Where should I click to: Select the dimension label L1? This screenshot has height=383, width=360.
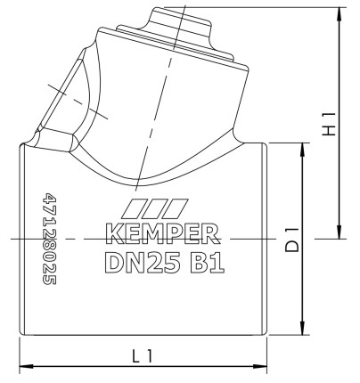point(143,355)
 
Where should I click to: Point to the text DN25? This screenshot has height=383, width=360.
point(138,264)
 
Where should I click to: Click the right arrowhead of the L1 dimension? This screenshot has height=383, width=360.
point(263,365)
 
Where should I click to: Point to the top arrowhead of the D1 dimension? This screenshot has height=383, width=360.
point(306,147)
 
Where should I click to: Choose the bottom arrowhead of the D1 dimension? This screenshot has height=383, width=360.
point(306,331)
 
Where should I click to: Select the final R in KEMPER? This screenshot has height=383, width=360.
point(212,235)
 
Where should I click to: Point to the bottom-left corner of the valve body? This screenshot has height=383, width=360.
point(21,337)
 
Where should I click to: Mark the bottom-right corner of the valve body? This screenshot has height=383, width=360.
point(266,337)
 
